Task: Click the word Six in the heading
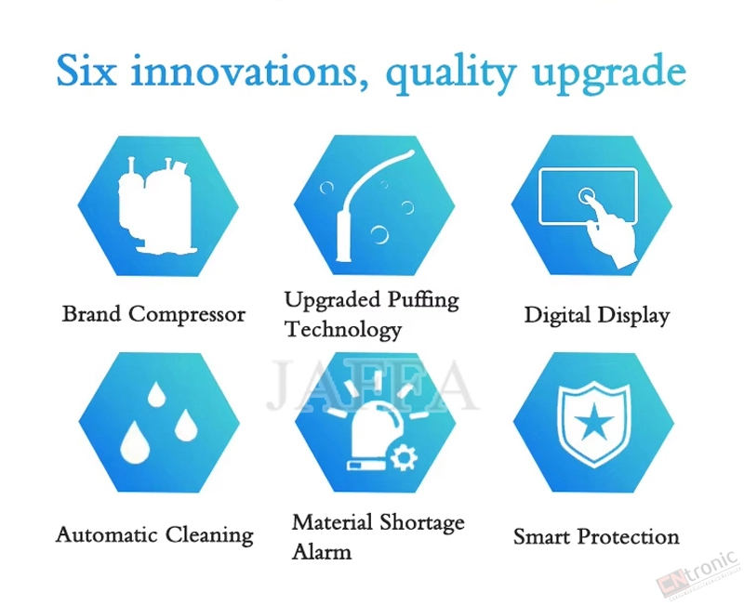(86, 71)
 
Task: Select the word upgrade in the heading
(609, 74)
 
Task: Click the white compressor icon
(156, 205)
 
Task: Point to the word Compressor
(187, 315)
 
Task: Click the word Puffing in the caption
(423, 300)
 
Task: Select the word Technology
(343, 330)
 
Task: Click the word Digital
(557, 315)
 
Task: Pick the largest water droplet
(135, 442)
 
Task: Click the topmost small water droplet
(156, 394)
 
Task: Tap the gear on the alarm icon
(404, 457)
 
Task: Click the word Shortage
(422, 523)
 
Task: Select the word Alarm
(322, 552)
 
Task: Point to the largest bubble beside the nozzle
(379, 234)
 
